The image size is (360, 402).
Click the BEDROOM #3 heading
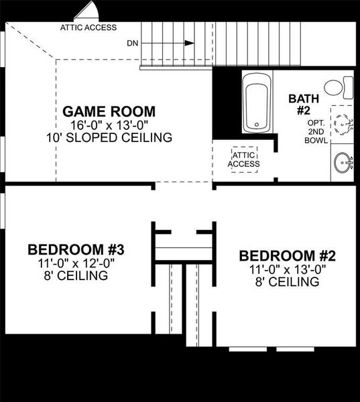click(76, 250)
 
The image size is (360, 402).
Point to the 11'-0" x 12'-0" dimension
click(76, 263)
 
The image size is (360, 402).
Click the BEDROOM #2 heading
click(287, 256)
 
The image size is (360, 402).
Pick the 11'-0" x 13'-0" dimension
click(287, 269)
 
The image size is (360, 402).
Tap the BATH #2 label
click(300, 105)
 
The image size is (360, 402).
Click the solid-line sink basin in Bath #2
click(343, 161)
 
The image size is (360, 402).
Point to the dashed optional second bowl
click(343, 125)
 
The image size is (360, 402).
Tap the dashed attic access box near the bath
click(243, 159)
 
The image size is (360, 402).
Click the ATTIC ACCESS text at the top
click(88, 28)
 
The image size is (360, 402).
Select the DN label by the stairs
click(133, 43)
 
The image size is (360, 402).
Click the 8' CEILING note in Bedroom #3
click(76, 276)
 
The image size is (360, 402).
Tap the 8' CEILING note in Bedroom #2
click(287, 282)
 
